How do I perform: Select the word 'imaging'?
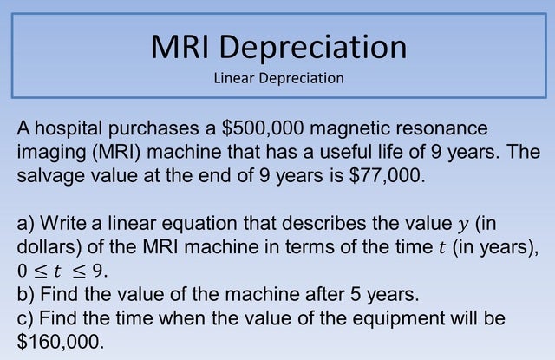coord(49,152)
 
